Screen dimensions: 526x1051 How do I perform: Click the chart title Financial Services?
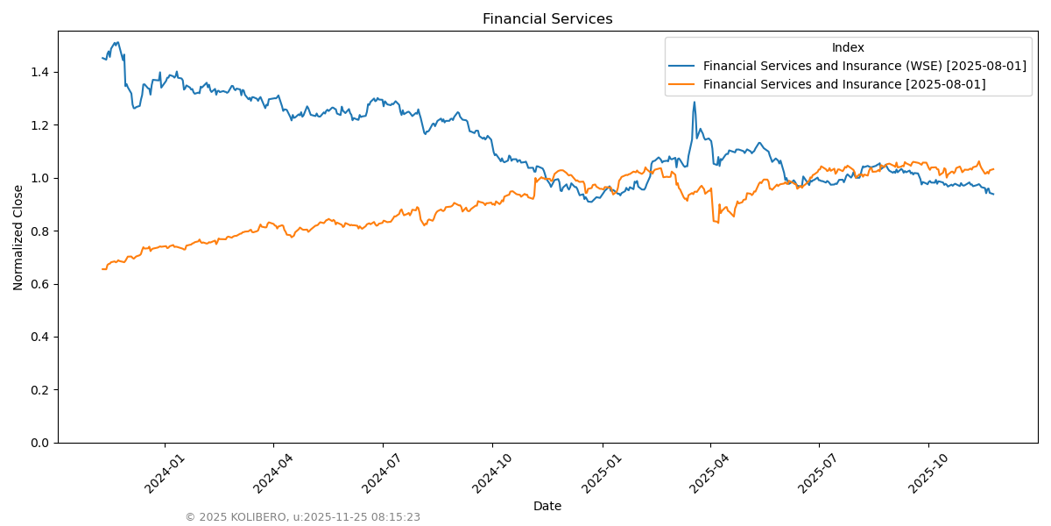pos(547,19)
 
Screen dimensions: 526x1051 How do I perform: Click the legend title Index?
pos(848,47)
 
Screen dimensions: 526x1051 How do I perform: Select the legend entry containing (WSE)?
pos(864,66)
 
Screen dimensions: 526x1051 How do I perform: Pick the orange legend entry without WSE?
pos(844,84)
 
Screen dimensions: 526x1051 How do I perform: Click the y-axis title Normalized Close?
pos(18,237)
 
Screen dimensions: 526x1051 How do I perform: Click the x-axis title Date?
pos(547,506)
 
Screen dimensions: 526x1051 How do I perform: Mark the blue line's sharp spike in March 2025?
pos(695,102)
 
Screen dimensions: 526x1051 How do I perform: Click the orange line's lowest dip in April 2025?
pos(717,222)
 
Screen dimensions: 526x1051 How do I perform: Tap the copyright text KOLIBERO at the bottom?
pos(302,517)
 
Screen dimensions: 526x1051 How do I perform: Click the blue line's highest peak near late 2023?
pos(116,42)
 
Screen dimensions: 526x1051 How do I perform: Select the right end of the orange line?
pos(993,169)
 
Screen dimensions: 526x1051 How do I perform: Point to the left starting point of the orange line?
pos(102,269)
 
